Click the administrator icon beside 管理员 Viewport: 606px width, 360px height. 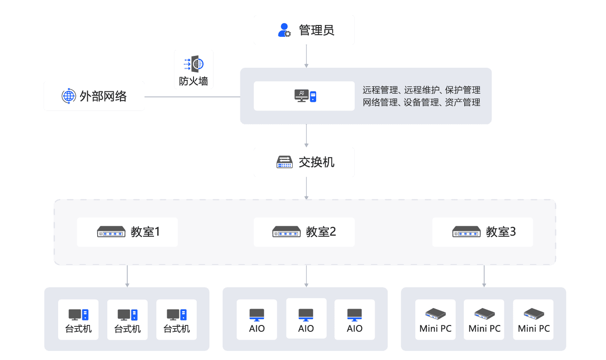point(284,30)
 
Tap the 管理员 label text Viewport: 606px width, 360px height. point(317,30)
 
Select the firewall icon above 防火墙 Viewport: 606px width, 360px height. point(194,64)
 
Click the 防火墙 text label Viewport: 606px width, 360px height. point(194,81)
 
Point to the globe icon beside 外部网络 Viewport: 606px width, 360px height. point(68,96)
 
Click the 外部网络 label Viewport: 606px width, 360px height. point(103,96)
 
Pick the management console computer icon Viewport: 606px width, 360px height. point(305,96)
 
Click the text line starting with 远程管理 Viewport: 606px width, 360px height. point(422,90)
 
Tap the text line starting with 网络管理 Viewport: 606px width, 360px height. point(422,103)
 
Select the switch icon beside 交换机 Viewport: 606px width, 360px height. point(285,162)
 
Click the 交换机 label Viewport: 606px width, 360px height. point(317,162)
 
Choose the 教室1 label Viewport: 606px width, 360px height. point(145,232)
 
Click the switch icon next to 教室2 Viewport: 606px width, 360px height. point(286,232)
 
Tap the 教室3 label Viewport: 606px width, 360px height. point(501,232)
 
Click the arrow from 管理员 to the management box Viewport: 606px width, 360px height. point(307,56)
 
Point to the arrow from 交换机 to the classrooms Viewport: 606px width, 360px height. point(307,188)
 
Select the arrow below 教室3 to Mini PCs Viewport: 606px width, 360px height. point(484,276)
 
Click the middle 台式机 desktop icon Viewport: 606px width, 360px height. point(128,314)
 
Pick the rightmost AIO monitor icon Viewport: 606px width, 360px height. point(355,314)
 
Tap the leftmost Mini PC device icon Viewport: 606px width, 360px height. point(436,314)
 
